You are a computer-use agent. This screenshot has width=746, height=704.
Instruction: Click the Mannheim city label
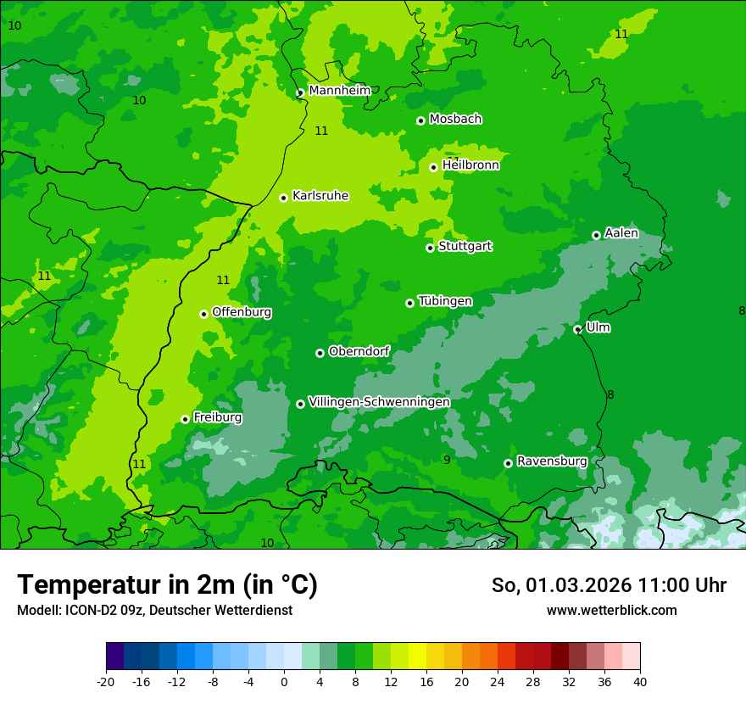point(339,90)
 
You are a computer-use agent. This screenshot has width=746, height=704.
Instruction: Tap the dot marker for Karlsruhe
point(284,198)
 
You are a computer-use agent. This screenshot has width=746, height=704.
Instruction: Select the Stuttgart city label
point(465,246)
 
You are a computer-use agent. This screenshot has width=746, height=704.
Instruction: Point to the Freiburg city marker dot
point(185,419)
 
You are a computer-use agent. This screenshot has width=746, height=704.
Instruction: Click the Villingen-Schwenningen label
point(379,401)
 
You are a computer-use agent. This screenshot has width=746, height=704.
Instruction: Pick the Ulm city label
point(598,327)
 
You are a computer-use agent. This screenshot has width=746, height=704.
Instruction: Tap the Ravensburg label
point(552,461)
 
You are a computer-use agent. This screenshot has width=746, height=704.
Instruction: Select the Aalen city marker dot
point(596,235)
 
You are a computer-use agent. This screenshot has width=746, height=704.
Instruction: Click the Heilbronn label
point(470,165)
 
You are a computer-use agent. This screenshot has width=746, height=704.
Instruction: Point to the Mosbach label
point(455,119)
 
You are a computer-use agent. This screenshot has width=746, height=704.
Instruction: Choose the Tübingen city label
point(445,301)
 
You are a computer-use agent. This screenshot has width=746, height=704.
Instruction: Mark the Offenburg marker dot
point(203,314)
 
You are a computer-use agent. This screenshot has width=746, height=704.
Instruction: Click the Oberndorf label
point(359,351)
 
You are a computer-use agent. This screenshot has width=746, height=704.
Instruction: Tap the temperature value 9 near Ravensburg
point(447,460)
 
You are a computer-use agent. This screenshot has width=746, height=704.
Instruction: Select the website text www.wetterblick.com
point(611,610)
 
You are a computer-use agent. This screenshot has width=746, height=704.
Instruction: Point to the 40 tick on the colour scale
point(640,681)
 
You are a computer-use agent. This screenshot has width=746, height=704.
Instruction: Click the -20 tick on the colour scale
point(106,681)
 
